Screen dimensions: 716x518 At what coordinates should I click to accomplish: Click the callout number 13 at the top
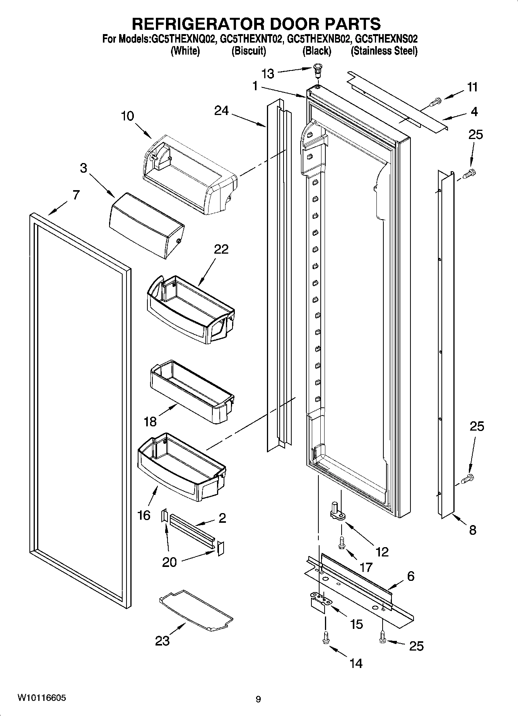(268, 74)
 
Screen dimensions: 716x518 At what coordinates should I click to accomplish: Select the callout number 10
(127, 116)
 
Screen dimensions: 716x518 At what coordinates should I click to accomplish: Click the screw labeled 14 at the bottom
(325, 637)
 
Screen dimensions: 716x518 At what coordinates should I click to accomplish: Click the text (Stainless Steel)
(384, 51)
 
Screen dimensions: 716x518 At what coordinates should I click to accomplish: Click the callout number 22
(221, 249)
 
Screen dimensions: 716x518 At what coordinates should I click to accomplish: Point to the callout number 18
(150, 421)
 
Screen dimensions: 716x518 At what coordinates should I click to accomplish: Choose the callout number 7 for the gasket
(76, 195)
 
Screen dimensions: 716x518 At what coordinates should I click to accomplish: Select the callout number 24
(222, 111)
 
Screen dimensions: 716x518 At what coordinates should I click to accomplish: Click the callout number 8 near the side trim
(472, 530)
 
